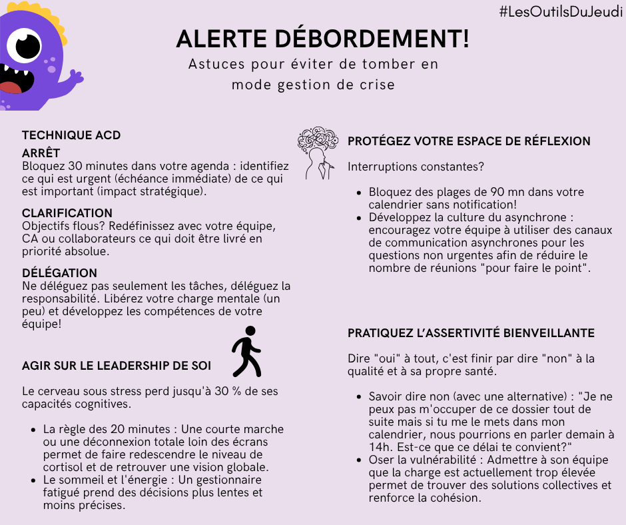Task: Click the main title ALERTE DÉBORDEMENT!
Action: (x=322, y=39)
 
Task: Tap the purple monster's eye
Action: (x=26, y=45)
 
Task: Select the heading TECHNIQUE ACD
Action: (x=71, y=135)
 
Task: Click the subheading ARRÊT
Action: (x=41, y=153)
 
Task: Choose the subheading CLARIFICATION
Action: (x=67, y=213)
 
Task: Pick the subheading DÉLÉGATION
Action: (x=59, y=273)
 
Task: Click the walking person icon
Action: (x=246, y=351)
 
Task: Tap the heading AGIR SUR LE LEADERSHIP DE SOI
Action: (x=117, y=366)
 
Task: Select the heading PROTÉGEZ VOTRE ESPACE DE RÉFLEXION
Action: (x=469, y=141)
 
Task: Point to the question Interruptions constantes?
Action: (x=416, y=166)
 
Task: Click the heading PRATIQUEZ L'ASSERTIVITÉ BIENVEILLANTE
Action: (x=471, y=333)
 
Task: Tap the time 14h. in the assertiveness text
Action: (x=378, y=446)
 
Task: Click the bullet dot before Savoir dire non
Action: (x=360, y=397)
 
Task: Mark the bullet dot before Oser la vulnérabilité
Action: (x=360, y=460)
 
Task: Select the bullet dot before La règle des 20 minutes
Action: (x=34, y=430)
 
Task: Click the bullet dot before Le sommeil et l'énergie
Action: (x=34, y=480)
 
